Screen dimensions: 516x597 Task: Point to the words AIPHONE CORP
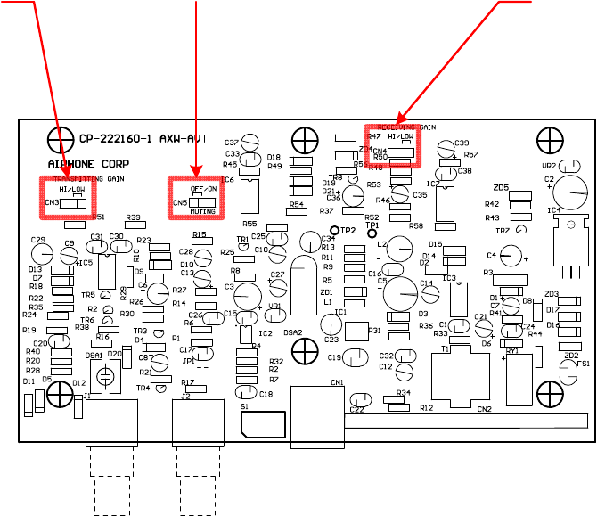[87, 164]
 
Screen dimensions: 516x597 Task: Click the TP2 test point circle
[335, 305]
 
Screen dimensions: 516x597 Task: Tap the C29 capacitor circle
[38, 254]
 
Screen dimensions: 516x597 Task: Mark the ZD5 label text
[501, 188]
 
